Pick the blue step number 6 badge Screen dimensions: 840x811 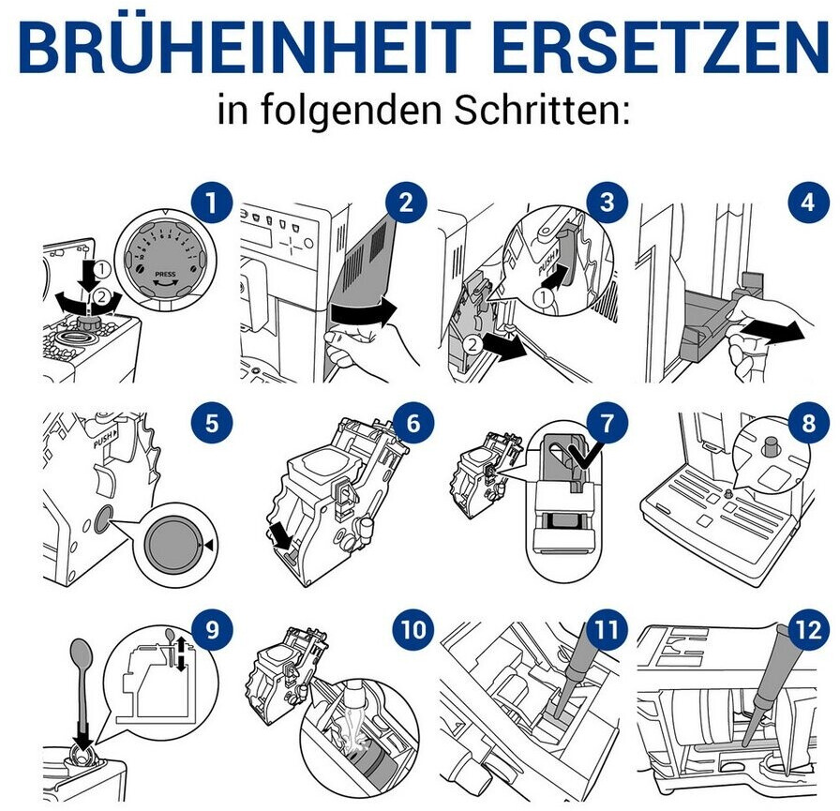click(413, 424)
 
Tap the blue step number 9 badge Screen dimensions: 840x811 click(212, 630)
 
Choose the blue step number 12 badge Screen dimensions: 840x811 click(808, 630)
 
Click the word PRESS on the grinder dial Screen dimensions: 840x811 click(164, 275)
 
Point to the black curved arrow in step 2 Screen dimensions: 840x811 click(364, 312)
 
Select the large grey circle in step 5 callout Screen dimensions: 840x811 click(173, 545)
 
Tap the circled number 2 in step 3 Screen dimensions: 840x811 click(472, 344)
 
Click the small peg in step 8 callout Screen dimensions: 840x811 click(771, 445)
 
